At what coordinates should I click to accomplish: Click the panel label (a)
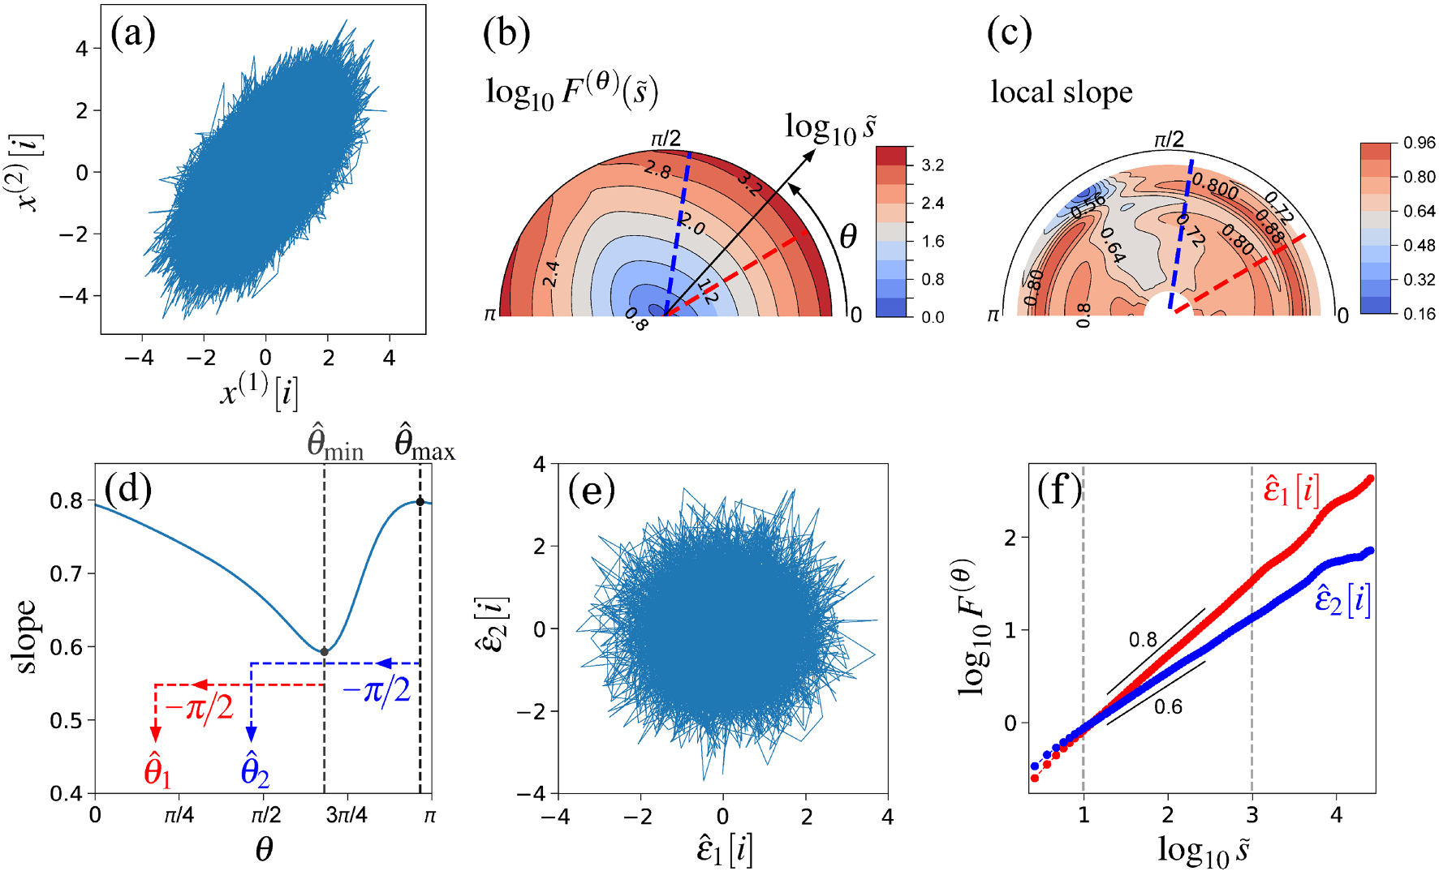coord(133,34)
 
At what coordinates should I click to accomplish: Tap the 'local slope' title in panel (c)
coord(1062,92)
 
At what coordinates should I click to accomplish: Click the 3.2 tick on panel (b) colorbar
coord(933,165)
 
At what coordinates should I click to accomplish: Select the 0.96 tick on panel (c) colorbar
coord(1419,143)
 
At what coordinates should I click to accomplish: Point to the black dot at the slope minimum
coord(324,651)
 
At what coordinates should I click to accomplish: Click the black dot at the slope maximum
coord(420,501)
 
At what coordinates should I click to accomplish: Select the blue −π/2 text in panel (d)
coord(377,691)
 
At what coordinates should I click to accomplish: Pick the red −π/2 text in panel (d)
coord(199,707)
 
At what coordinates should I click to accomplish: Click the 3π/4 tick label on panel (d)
coord(347,815)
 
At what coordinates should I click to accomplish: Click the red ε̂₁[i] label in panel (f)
coord(1291,491)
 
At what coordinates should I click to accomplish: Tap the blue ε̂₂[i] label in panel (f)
coord(1342,601)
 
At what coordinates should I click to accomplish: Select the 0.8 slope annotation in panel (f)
coord(1143,640)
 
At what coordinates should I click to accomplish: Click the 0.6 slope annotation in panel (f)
coord(1168,707)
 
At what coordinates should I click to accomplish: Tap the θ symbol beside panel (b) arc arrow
coord(847,237)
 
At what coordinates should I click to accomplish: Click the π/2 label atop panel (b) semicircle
coord(666,139)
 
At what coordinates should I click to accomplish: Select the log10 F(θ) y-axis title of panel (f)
coord(975,627)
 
